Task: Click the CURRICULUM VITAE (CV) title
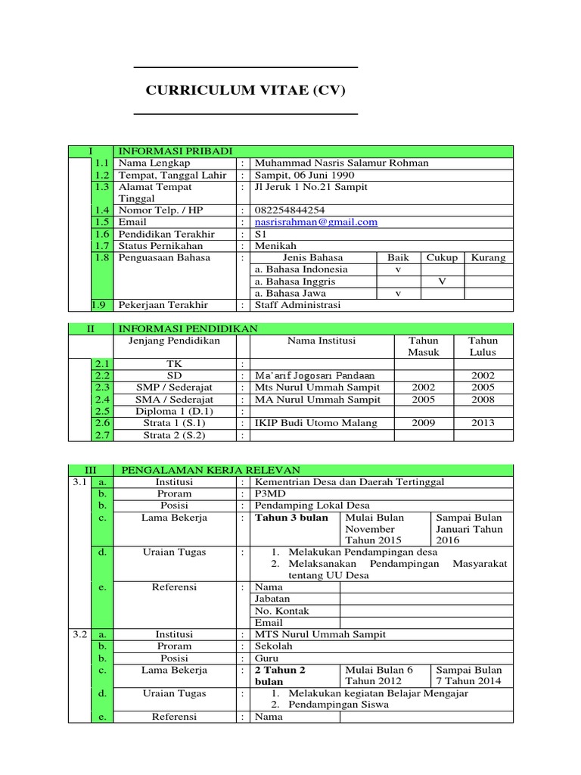[245, 91]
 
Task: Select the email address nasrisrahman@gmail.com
[316, 222]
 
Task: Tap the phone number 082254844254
[290, 210]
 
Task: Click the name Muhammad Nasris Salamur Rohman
[342, 163]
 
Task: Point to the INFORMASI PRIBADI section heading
[175, 151]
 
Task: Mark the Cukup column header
[442, 257]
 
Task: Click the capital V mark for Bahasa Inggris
[442, 282]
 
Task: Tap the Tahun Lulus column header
[483, 347]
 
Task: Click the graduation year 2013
[483, 423]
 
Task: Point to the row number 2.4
[102, 400]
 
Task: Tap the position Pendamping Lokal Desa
[312, 506]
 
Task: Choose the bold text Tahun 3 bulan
[291, 518]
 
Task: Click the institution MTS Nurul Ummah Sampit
[320, 634]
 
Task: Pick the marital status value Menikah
[276, 246]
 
